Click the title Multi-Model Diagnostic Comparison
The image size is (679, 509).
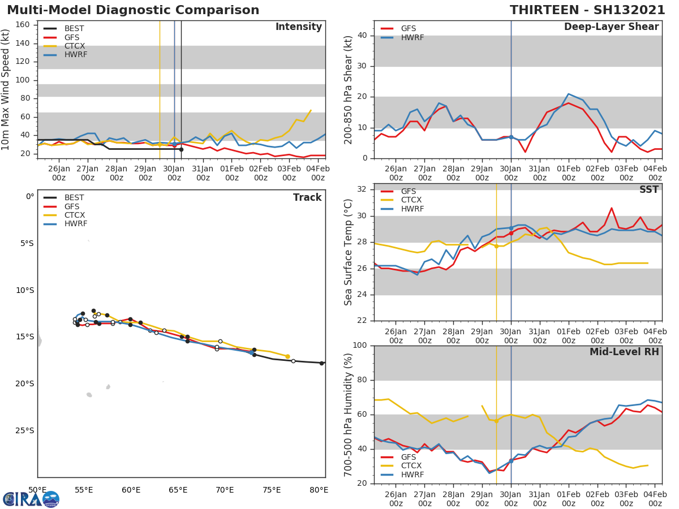[x=133, y=10]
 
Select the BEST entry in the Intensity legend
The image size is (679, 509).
[x=74, y=28]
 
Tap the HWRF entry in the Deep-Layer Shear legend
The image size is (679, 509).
[x=412, y=37]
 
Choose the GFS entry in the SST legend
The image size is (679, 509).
[x=408, y=191]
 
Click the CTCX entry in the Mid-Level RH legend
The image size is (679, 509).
[x=412, y=466]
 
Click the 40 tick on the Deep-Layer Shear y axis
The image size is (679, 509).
[x=364, y=36]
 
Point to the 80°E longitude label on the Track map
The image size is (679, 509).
[x=319, y=490]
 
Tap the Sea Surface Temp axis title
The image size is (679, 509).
[x=349, y=252]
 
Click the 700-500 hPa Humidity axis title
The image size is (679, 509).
[x=349, y=415]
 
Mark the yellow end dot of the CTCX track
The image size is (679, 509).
[x=287, y=356]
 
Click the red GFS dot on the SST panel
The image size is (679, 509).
[x=511, y=233]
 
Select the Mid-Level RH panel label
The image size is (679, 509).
[x=624, y=352]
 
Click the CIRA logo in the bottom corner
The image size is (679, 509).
[x=31, y=499]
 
